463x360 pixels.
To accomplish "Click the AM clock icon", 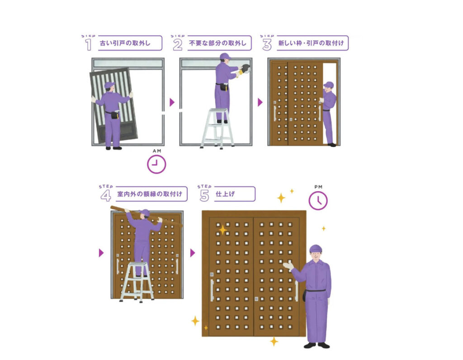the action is point(156,164).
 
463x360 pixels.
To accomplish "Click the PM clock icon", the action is point(318,200).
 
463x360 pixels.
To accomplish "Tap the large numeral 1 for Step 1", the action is point(88,45).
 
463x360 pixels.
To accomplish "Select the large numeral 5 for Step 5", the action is point(204,195).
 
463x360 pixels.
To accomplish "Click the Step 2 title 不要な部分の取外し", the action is point(217,43).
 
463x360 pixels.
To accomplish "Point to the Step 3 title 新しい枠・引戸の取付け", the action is point(311,43).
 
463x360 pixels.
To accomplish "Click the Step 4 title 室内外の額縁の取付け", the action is point(150,194).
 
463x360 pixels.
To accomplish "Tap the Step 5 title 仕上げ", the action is point(225,194).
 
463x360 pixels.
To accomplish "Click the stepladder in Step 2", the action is point(217,128).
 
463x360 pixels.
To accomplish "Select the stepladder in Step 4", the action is point(137,282).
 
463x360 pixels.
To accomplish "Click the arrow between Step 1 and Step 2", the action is point(172,103).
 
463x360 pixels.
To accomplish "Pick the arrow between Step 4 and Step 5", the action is point(193,253).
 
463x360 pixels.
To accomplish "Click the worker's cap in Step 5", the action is point(316,249).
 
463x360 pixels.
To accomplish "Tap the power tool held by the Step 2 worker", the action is point(245,69).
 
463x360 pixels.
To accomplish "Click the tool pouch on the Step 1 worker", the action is point(115,114).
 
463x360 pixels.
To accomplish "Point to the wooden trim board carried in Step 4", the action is point(147,217).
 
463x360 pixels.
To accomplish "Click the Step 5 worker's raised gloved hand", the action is point(288,265).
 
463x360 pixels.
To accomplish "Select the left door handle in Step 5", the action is point(212,291).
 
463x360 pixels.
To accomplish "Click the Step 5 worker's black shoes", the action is point(317,345).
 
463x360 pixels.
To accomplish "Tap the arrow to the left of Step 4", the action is point(101,253).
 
